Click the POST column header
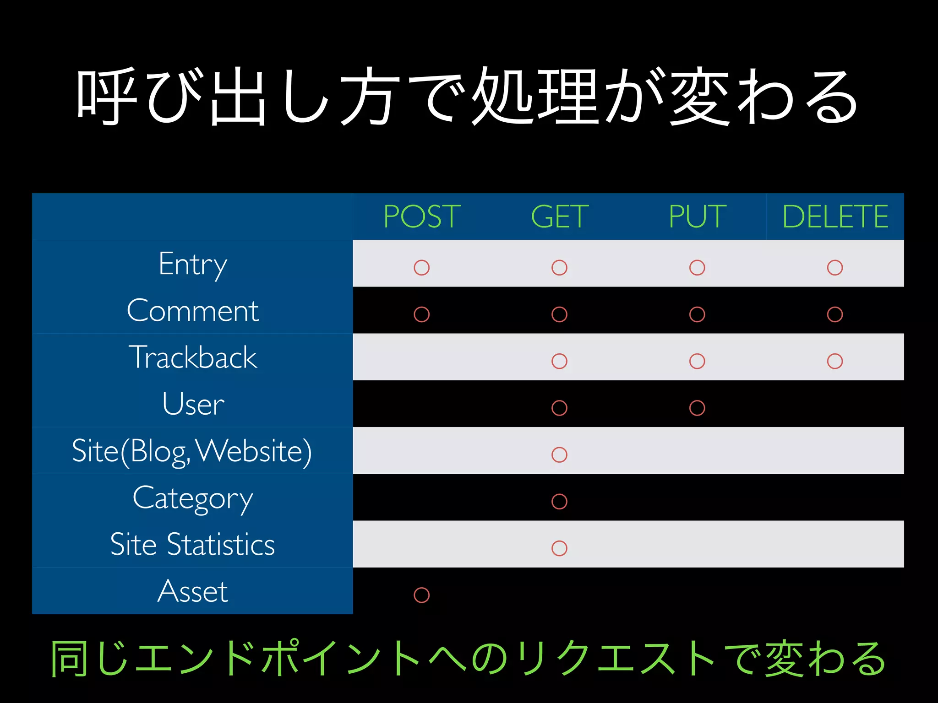point(422,216)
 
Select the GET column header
point(560,216)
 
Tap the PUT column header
point(697,216)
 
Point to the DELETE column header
point(835,216)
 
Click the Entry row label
point(193,264)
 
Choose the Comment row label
point(193,311)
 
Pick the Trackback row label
point(193,357)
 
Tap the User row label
point(193,404)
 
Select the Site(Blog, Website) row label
point(192,451)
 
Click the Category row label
point(193,498)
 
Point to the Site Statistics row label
point(193,545)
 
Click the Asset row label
point(193,591)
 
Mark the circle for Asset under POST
point(421,595)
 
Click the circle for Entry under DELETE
point(835,268)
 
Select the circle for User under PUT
point(697,408)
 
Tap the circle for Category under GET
point(559,502)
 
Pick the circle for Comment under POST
point(421,314)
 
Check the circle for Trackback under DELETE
point(835,361)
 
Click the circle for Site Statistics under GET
point(559,548)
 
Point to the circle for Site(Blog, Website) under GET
point(559,455)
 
